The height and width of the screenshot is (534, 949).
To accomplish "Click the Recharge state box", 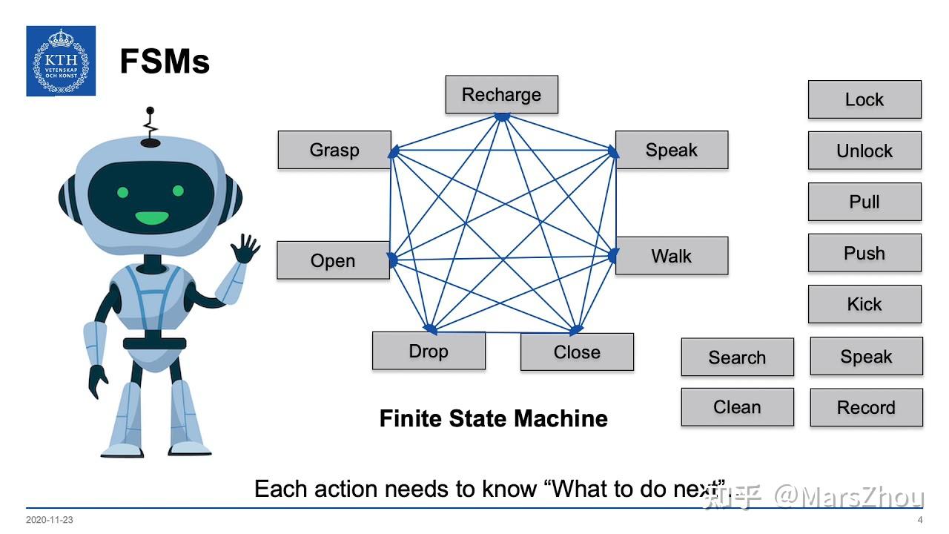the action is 502,94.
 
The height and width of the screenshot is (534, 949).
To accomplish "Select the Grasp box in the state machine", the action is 334,150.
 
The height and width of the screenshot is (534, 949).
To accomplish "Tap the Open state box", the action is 333,260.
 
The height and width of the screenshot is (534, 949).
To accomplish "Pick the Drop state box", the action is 429,351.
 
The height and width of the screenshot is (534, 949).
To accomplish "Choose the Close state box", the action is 577,352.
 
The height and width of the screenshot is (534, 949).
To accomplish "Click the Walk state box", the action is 672,256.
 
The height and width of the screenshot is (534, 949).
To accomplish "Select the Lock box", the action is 864,99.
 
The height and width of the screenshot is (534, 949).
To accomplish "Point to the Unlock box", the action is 864,151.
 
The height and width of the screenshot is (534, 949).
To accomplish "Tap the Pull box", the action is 864,202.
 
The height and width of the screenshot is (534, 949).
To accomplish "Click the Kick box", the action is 864,304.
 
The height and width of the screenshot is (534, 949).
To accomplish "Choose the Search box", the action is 738,357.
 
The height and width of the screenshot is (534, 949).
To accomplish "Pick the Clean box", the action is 738,407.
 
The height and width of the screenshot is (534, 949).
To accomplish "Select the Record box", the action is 867,407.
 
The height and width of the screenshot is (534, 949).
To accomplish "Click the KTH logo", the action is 61,61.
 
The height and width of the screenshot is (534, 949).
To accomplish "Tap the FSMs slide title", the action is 165,62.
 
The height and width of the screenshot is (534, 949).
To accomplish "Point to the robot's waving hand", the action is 245,248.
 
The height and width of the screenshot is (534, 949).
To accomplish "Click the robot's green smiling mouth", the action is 152,218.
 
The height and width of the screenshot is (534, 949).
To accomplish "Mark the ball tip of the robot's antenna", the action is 150,111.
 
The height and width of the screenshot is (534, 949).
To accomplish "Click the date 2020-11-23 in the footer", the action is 49,520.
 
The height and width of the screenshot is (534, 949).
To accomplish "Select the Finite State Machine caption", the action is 494,419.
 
